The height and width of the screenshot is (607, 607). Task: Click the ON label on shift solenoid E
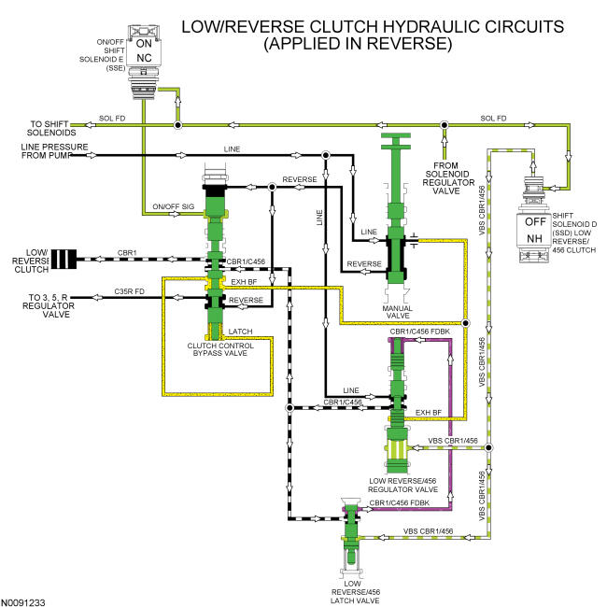click(x=144, y=43)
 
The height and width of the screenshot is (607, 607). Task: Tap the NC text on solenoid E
click(x=144, y=58)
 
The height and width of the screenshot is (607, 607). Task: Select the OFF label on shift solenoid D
click(x=536, y=222)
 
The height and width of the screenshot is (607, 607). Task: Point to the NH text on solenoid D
click(x=534, y=238)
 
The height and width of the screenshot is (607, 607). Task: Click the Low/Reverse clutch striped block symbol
click(x=64, y=259)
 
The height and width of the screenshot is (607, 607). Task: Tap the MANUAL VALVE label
click(x=398, y=312)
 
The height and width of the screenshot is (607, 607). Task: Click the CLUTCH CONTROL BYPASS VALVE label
click(x=220, y=349)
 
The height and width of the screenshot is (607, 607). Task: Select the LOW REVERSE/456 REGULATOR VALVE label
click(x=402, y=485)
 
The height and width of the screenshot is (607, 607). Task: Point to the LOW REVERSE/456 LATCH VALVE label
click(x=355, y=592)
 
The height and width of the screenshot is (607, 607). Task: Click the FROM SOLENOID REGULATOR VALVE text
click(x=448, y=178)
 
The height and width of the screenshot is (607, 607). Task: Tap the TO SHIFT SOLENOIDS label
click(x=51, y=128)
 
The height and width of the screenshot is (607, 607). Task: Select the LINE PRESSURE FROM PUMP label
click(x=54, y=151)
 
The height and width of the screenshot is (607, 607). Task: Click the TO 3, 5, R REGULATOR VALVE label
click(x=49, y=305)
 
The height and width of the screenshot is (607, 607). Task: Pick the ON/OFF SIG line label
click(x=174, y=206)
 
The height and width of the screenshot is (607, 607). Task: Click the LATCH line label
click(x=240, y=332)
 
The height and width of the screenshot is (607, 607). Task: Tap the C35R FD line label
click(x=129, y=291)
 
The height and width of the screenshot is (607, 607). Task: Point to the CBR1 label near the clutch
click(x=127, y=253)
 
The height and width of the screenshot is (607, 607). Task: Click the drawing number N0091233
click(x=22, y=602)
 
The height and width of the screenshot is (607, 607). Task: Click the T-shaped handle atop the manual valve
click(x=396, y=141)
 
